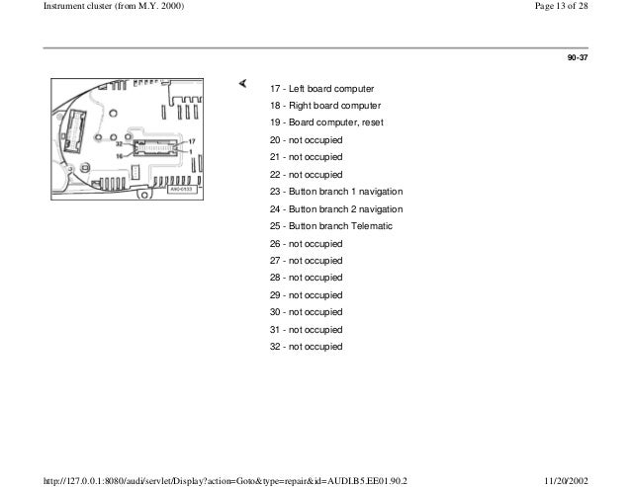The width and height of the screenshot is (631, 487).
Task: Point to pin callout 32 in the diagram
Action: click(119, 143)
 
